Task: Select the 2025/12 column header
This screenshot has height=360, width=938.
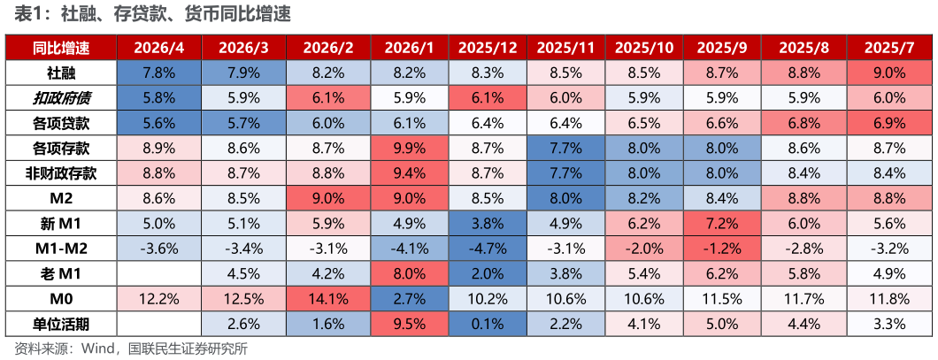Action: pos(488,49)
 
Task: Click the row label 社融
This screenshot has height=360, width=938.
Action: pos(61,73)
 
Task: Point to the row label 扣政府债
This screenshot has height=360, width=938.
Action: pos(61,99)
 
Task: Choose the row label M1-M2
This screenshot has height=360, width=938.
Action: pos(61,249)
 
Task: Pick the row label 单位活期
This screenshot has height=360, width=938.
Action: pos(61,324)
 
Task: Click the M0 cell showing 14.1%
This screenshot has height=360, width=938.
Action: pos(327,298)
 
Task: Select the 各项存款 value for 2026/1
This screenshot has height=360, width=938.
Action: pos(412,149)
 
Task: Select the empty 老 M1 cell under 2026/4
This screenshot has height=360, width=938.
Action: pos(159,273)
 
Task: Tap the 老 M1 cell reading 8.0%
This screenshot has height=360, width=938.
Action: pos(412,273)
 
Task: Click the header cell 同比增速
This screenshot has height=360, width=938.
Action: pos(61,49)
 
